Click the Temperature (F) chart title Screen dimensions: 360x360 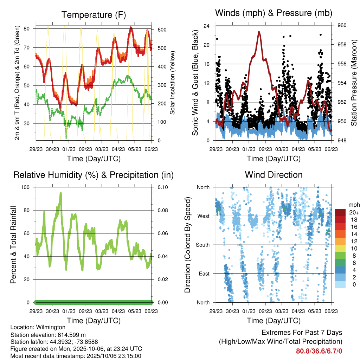[93, 15]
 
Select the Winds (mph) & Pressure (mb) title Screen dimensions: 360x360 [274, 13]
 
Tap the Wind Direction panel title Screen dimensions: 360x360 [274, 175]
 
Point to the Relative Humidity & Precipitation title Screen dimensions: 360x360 [93, 175]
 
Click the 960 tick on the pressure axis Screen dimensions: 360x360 [342, 25]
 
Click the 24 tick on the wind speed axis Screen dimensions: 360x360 [207, 26]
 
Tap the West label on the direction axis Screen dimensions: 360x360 [203, 216]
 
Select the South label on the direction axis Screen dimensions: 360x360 [202, 245]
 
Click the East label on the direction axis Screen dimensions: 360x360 [204, 274]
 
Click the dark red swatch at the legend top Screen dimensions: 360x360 [340, 212]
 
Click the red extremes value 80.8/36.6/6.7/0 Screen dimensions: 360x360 [319, 351]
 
